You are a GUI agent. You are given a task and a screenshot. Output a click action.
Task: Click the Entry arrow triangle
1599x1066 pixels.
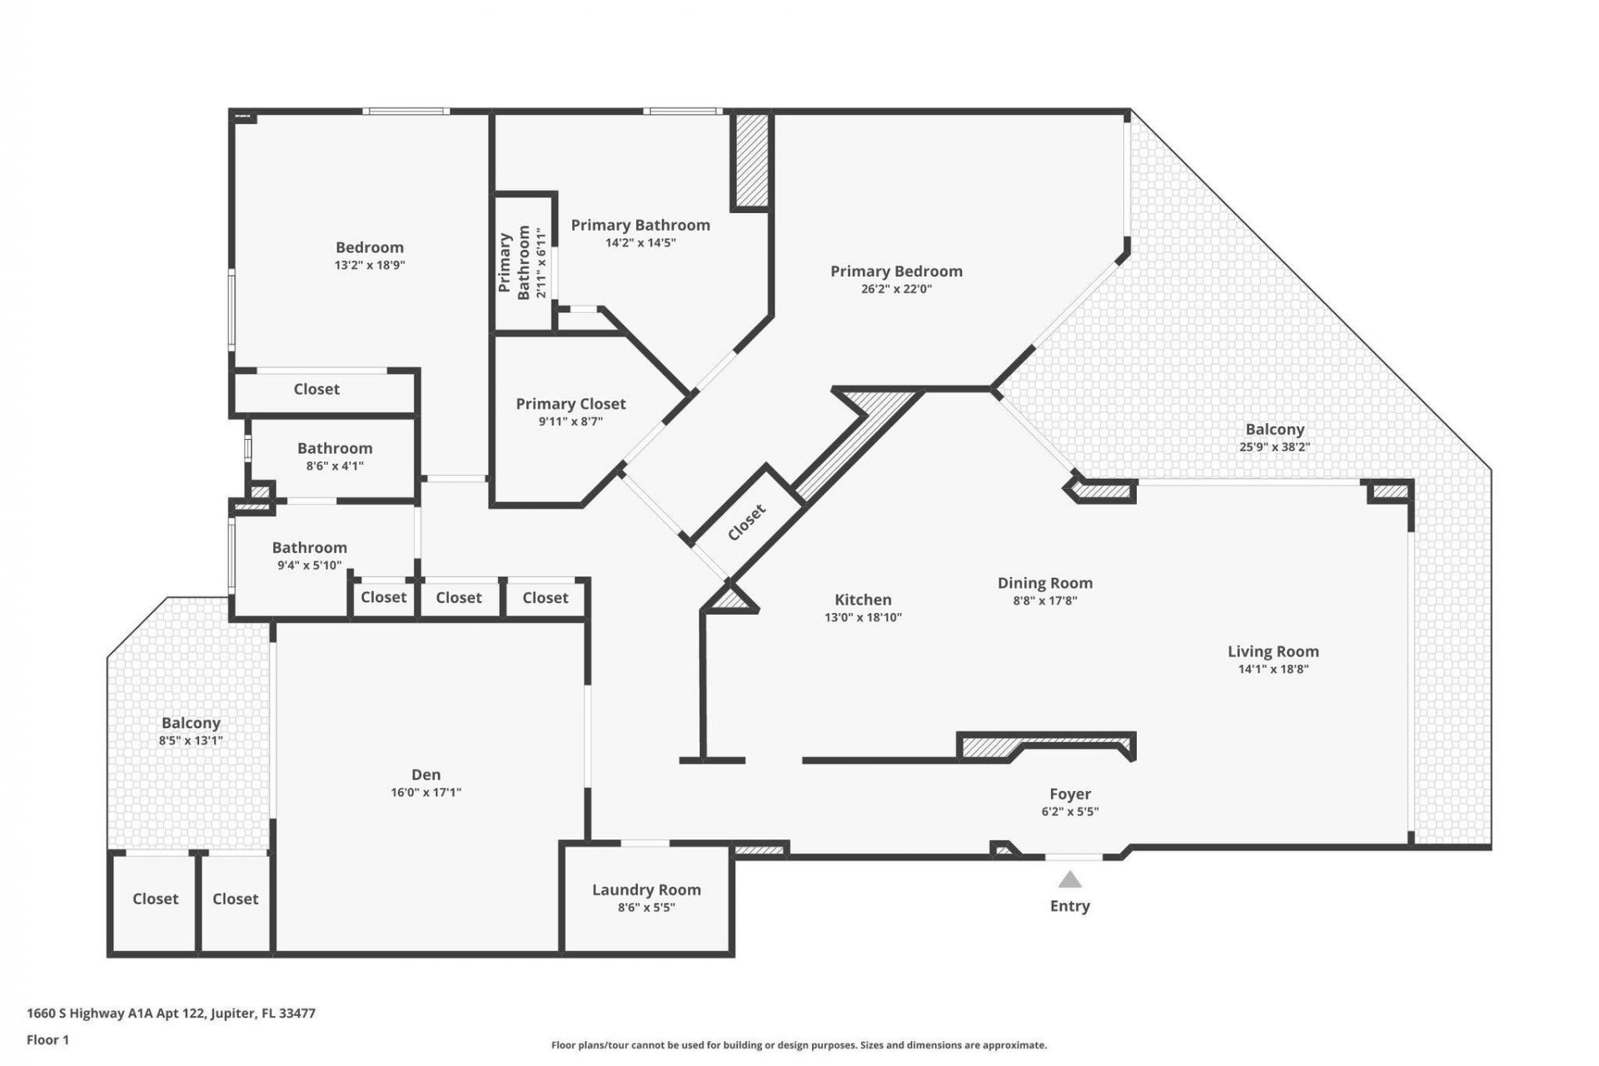click(x=1069, y=880)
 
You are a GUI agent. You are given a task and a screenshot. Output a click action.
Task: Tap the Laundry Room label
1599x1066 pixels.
click(x=646, y=889)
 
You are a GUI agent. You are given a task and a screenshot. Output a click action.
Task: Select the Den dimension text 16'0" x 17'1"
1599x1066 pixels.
click(x=426, y=792)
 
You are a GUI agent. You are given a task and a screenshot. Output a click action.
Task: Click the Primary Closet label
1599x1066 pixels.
click(x=570, y=404)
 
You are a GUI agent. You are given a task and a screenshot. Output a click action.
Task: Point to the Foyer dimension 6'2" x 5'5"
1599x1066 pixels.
click(x=1069, y=812)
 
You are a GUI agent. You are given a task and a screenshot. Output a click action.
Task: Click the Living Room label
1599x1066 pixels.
click(x=1273, y=651)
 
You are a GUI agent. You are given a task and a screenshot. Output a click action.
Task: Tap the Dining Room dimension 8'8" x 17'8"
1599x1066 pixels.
click(x=1044, y=600)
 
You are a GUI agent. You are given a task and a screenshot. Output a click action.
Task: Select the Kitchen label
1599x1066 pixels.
click(x=863, y=600)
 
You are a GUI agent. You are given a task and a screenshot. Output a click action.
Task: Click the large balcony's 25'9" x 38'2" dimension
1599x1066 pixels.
click(x=1274, y=446)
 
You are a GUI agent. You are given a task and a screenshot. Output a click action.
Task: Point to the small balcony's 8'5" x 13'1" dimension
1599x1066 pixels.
click(x=191, y=740)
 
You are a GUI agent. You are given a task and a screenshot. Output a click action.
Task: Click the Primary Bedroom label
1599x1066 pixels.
click(x=896, y=271)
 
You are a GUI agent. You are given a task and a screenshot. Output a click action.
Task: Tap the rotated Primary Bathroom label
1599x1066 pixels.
click(x=515, y=262)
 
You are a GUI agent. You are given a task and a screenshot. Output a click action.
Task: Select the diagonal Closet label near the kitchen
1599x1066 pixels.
click(x=746, y=522)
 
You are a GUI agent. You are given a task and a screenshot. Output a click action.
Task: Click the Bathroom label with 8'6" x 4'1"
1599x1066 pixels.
click(x=335, y=448)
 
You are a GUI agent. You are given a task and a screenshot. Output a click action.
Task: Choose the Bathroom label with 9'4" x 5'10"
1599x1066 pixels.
click(x=309, y=547)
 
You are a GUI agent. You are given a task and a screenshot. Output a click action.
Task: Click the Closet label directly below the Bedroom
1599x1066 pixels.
click(x=316, y=389)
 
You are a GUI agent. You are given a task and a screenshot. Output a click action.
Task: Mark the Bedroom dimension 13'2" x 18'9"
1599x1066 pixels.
click(x=370, y=265)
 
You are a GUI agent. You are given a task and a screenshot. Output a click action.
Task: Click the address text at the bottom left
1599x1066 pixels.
click(x=171, y=1014)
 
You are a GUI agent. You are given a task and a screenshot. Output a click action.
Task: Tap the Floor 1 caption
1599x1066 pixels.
click(x=47, y=1039)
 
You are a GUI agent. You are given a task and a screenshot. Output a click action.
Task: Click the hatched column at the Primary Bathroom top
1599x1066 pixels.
click(x=750, y=160)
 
